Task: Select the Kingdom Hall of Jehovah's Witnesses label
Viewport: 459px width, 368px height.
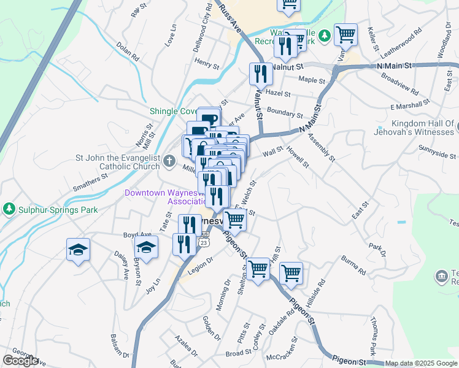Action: pyautogui.click(x=415, y=128)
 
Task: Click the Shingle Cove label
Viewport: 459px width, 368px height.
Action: pyautogui.click(x=174, y=111)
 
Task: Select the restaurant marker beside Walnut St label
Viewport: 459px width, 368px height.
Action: pyautogui.click(x=261, y=74)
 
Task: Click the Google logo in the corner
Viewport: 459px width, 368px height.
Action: pyautogui.click(x=20, y=361)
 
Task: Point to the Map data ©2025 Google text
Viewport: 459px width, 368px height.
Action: pyautogui.click(x=420, y=363)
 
